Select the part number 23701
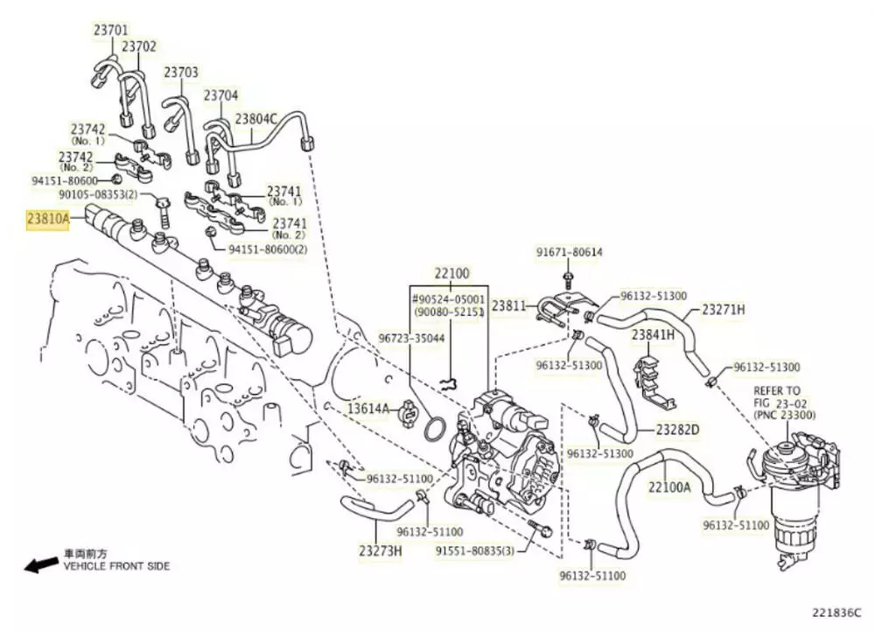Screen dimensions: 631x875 pos(111,30)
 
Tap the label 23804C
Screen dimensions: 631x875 pos(255,118)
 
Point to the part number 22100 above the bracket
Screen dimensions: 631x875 pos(452,274)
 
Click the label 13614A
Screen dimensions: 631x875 pos(368,408)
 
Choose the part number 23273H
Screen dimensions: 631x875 pos(380,550)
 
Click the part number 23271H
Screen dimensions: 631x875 pos(723,309)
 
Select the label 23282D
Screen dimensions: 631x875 pos(678,430)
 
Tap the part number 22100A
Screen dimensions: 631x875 pos(669,487)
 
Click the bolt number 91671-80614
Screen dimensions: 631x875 pos(570,253)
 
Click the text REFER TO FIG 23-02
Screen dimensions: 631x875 pos(776,396)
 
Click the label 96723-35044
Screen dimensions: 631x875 pos(411,337)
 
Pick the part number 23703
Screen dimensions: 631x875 pos(181,72)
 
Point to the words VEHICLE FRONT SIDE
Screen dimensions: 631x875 pos(116,566)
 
